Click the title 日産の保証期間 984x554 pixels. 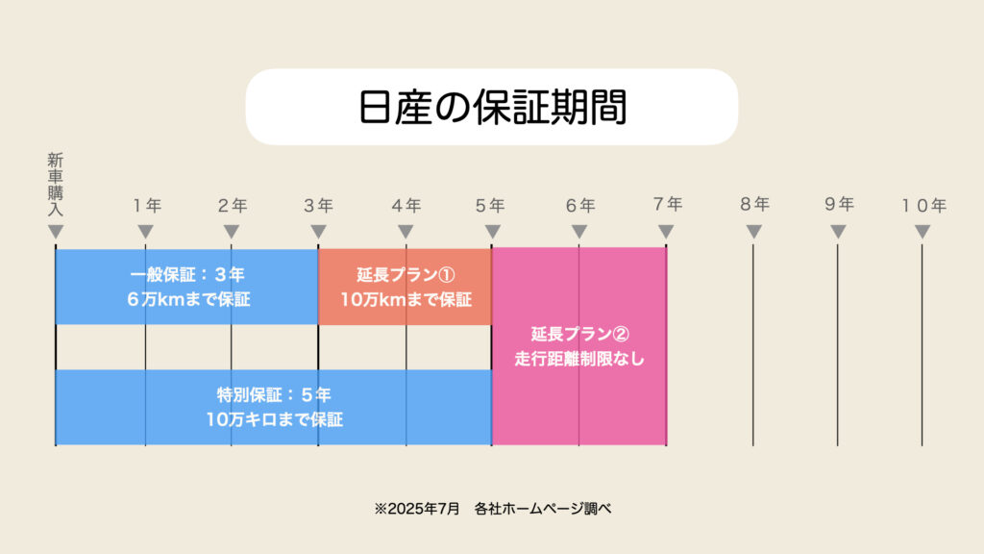[x=492, y=108]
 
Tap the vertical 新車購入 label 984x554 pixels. [x=55, y=185]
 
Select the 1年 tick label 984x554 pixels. [x=147, y=206]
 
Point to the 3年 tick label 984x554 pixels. [x=318, y=206]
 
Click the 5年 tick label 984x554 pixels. [x=490, y=206]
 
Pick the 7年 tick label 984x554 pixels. [x=667, y=204]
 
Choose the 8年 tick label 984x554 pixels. [x=754, y=204]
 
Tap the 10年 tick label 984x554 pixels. [x=923, y=206]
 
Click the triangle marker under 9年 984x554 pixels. [x=838, y=232]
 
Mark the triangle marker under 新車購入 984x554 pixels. [x=56, y=232]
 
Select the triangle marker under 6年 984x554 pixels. [x=579, y=232]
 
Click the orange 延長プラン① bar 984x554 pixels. [x=405, y=287]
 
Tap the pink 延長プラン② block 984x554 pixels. [x=579, y=346]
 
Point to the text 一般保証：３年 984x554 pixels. [x=187, y=274]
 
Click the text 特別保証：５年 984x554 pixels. [x=274, y=395]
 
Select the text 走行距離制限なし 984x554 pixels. [x=579, y=359]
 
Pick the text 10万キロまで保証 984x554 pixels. [x=274, y=419]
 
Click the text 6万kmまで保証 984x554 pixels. [x=188, y=299]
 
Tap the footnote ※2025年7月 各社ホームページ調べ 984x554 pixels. [x=493, y=508]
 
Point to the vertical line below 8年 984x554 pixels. [x=753, y=345]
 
